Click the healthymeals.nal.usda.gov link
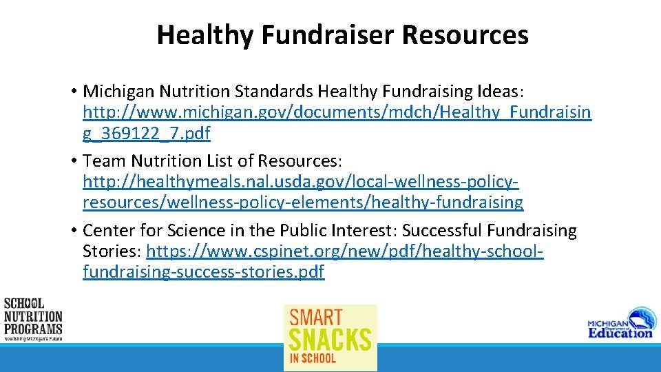[301, 182]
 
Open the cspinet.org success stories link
[344, 251]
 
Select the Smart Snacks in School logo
[330, 338]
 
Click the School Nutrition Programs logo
[32, 319]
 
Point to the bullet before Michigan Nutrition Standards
[72, 92]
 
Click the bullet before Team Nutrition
[72, 161]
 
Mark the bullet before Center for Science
[72, 231]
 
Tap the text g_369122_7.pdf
[147, 133]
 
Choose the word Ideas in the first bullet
[496, 92]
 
